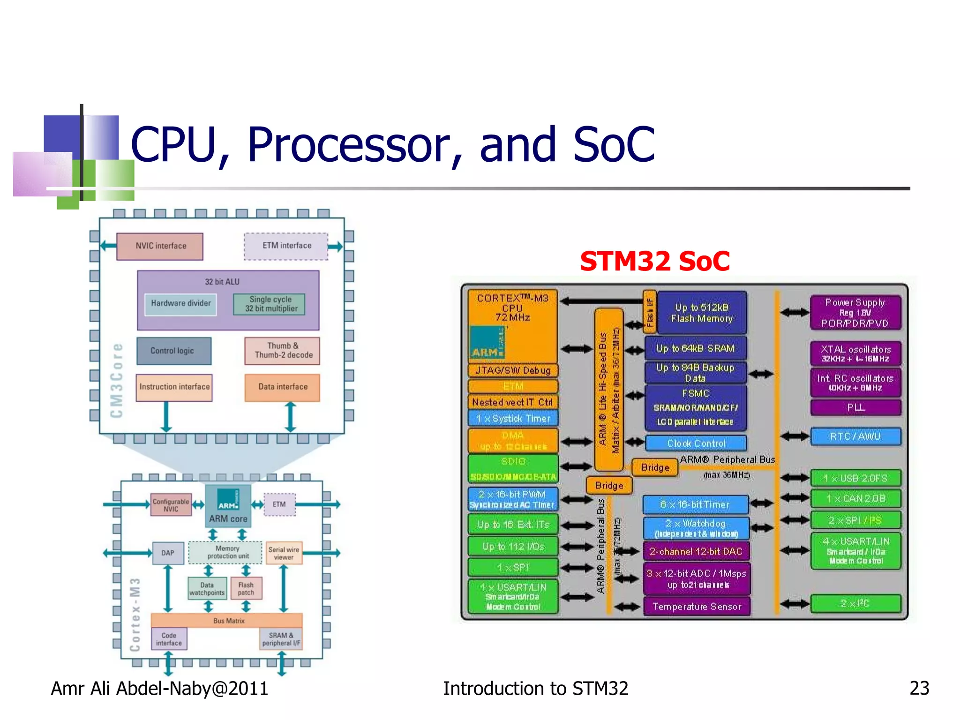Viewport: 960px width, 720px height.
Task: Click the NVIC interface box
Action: click(x=160, y=246)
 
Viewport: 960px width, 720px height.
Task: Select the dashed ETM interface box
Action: click(x=286, y=246)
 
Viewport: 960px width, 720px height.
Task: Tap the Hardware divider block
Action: click(x=180, y=304)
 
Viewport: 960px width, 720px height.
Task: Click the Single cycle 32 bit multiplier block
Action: click(x=270, y=304)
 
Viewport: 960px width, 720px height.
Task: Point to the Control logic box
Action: click(x=173, y=351)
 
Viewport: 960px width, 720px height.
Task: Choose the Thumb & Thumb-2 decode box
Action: click(x=282, y=351)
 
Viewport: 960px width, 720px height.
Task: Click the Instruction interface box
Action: click(x=174, y=387)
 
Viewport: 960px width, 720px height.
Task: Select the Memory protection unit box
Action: click(x=226, y=552)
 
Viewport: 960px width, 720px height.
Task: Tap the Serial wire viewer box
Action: click(x=284, y=553)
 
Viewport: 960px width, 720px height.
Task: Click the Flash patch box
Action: click(x=246, y=589)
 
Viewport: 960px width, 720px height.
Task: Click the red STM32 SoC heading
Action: click(x=654, y=261)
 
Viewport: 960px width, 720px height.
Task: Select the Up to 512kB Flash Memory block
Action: click(x=701, y=313)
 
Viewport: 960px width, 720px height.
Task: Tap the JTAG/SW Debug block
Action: click(x=513, y=370)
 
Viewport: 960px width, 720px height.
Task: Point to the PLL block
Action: click(x=855, y=407)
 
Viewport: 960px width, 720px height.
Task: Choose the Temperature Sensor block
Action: click(x=697, y=607)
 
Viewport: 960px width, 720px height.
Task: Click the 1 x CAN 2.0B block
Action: click(x=855, y=498)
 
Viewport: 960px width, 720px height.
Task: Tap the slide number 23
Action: click(x=919, y=688)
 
